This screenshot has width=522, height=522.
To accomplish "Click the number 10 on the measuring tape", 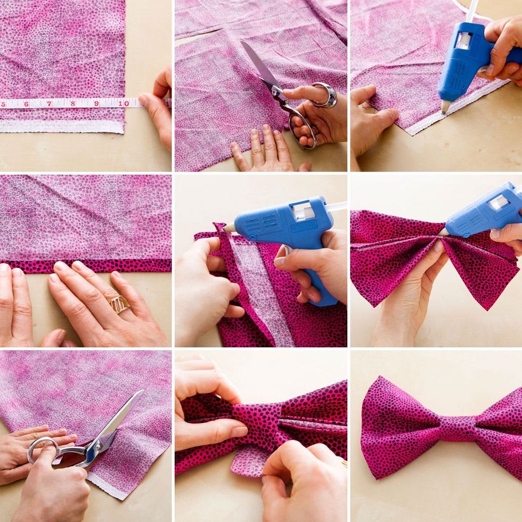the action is pyautogui.click(x=124, y=103).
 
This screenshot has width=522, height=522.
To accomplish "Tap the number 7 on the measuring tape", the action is pyautogui.click(x=49, y=104).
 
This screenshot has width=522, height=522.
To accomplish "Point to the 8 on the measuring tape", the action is pyautogui.click(x=73, y=103).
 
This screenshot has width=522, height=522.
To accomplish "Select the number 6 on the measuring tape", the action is pyautogui.click(x=26, y=104).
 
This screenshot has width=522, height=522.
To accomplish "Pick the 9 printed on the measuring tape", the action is pyautogui.click(x=96, y=103).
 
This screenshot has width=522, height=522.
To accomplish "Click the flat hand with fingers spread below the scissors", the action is pyautogui.click(x=266, y=150).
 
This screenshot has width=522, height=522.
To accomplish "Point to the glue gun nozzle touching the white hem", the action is pyautogui.click(x=445, y=106).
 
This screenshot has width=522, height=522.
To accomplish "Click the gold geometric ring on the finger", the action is pyautogui.click(x=119, y=304).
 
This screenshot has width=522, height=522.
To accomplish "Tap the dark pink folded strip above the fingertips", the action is pyautogui.click(x=86, y=266).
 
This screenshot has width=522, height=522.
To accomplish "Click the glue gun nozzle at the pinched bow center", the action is pyautogui.click(x=444, y=232).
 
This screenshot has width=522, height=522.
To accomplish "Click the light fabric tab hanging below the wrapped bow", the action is pyautogui.click(x=246, y=462).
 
